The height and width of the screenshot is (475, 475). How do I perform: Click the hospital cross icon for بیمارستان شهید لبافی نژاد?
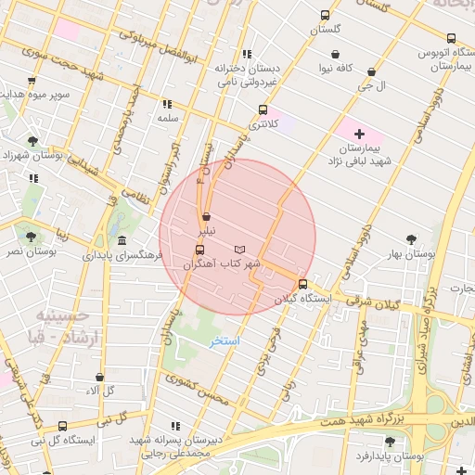click(x=360, y=135)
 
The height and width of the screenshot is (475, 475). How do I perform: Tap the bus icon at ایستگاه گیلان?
click(x=302, y=285)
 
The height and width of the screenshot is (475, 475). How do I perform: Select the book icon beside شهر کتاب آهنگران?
click(x=241, y=250)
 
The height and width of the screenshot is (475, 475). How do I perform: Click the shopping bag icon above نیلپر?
click(x=206, y=216)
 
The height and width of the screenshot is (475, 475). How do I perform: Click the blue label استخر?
click(x=224, y=341)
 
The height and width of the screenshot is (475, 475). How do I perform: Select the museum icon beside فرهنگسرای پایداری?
click(x=122, y=240)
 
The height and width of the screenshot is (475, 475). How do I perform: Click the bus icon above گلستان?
click(x=325, y=15)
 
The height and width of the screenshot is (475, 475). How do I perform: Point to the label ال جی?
click(x=372, y=85)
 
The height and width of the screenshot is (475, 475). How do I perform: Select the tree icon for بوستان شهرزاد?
click(x=33, y=141)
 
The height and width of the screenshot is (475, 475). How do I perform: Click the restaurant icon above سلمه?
click(x=167, y=105)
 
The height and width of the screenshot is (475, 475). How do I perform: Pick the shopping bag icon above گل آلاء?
click(x=99, y=378)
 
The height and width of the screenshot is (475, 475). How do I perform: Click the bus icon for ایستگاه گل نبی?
click(x=62, y=427)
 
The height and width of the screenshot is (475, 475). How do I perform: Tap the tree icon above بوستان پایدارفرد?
click(x=389, y=443)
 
